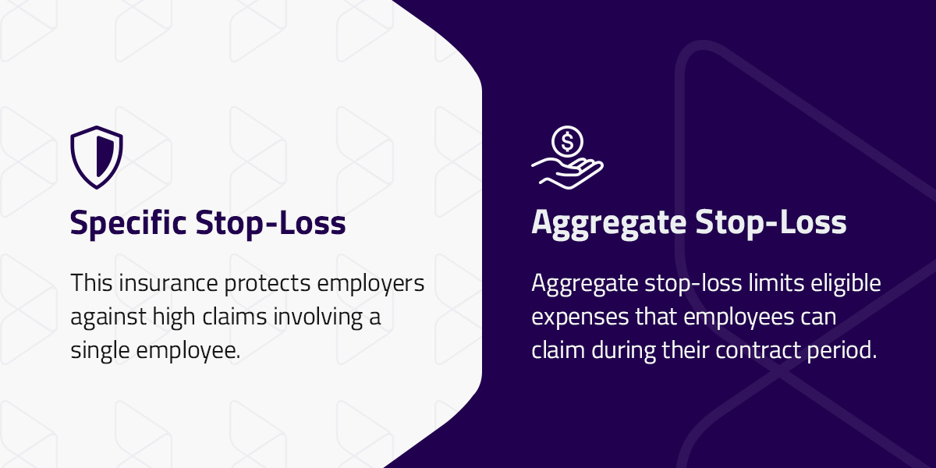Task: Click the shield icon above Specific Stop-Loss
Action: [x=97, y=157]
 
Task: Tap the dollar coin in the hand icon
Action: [x=567, y=143]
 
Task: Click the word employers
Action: [x=378, y=284]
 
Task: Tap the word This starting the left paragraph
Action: [x=88, y=283]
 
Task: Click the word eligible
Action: [x=846, y=284]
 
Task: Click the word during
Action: [x=620, y=351]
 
